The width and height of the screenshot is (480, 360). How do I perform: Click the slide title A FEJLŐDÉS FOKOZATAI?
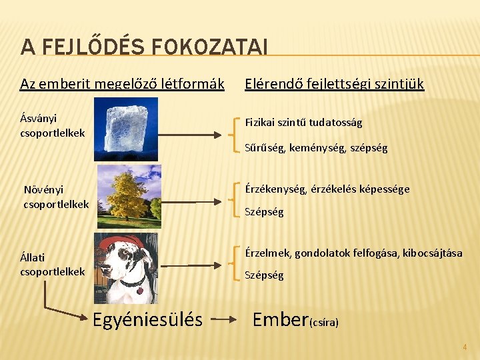[144, 47]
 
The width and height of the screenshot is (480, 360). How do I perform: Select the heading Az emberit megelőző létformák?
[122, 84]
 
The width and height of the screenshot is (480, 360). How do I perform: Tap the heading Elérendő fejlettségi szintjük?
[334, 84]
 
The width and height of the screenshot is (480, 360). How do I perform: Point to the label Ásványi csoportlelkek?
[53, 125]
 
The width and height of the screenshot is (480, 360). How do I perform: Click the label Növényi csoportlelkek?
[56, 196]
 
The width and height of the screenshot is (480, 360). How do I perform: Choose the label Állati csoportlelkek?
[53, 264]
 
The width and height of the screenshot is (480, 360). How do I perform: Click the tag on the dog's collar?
[139, 291]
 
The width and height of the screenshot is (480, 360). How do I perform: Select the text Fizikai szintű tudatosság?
[303, 123]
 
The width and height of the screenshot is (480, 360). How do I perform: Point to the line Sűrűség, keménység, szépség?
[316, 147]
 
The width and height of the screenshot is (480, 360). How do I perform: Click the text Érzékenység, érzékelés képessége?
[327, 189]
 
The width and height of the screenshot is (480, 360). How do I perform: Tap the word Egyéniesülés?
[147, 320]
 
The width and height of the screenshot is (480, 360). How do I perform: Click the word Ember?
[281, 320]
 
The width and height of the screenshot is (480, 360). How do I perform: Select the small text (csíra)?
[325, 323]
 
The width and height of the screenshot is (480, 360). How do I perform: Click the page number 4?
[465, 347]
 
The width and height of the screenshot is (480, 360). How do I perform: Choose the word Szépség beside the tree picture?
[264, 212]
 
